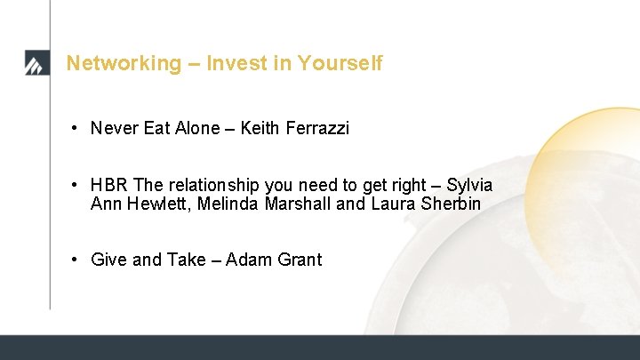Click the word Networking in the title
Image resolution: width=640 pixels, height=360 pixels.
(110, 63)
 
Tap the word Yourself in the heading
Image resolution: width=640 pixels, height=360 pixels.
(340, 63)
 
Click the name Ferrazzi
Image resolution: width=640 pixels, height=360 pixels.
(317, 128)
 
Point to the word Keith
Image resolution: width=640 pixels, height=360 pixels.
(260, 128)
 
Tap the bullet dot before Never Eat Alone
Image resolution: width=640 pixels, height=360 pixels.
(77, 128)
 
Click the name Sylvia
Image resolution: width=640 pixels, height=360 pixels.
(469, 185)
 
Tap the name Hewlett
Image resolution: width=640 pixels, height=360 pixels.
(154, 204)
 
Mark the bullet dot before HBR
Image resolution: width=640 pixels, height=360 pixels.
(77, 185)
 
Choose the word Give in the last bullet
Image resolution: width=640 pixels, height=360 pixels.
(108, 260)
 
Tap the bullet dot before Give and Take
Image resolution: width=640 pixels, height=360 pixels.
(77, 260)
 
